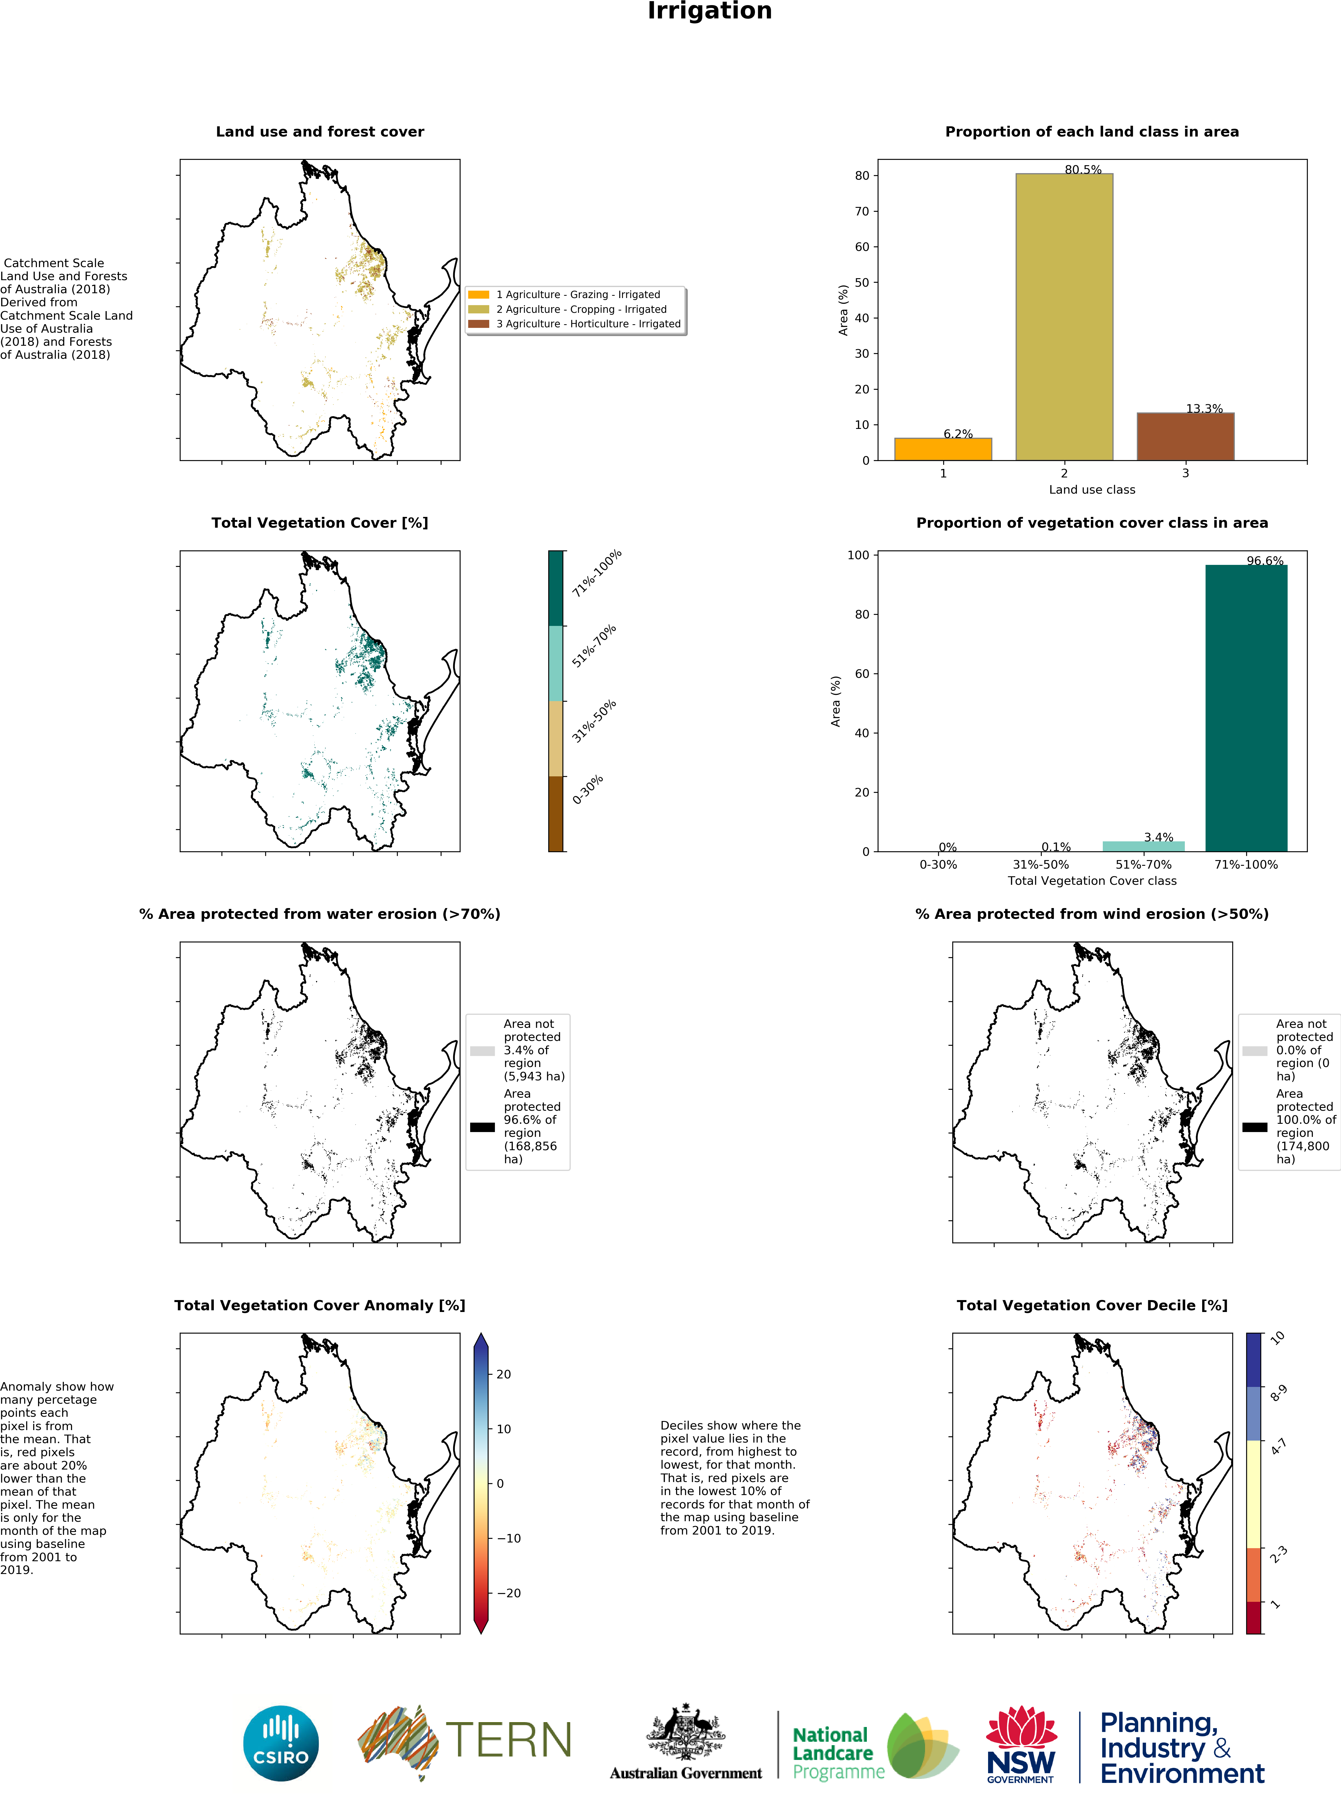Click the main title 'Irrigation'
click(x=710, y=11)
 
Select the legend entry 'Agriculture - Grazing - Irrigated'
click(x=578, y=295)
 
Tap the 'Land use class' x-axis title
click(x=1092, y=489)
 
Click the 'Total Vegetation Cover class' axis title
click(x=1092, y=881)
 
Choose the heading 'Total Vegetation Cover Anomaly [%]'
click(x=320, y=1305)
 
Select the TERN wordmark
click(x=508, y=1741)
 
